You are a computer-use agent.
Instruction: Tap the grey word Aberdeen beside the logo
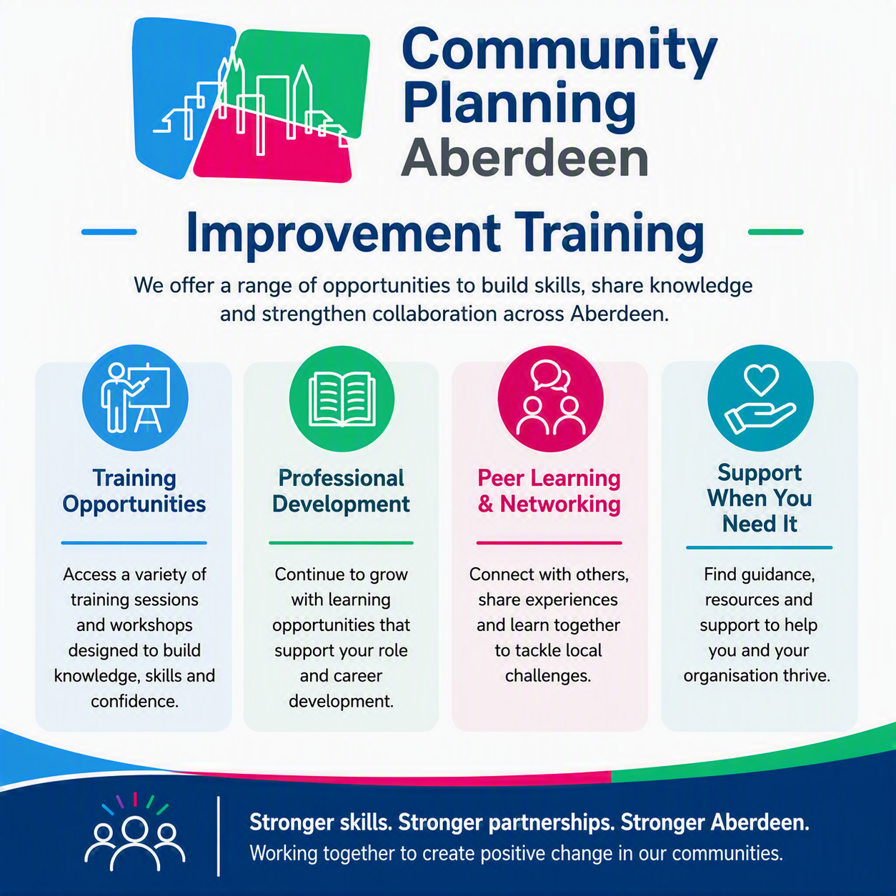[x=525, y=157]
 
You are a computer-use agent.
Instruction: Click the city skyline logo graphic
[x=251, y=100]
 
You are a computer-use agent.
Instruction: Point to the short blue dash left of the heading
[x=109, y=232]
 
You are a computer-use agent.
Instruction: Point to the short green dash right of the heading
[x=775, y=232]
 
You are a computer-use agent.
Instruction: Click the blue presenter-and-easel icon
[x=135, y=398]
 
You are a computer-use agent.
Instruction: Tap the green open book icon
[x=342, y=399]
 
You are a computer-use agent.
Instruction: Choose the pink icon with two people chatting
[x=550, y=399]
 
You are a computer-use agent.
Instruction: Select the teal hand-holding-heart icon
[x=761, y=398]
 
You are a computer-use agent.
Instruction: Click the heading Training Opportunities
[x=134, y=492]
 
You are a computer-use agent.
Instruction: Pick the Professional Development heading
[x=342, y=492]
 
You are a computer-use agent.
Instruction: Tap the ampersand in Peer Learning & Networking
[x=485, y=504]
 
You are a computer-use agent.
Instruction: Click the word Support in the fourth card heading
[x=760, y=473]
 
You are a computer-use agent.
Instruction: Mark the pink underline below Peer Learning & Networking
[x=549, y=542]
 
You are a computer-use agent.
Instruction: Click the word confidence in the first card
[x=135, y=701]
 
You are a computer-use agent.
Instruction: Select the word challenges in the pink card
[x=548, y=676]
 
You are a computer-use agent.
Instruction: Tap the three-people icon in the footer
[x=135, y=832]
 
